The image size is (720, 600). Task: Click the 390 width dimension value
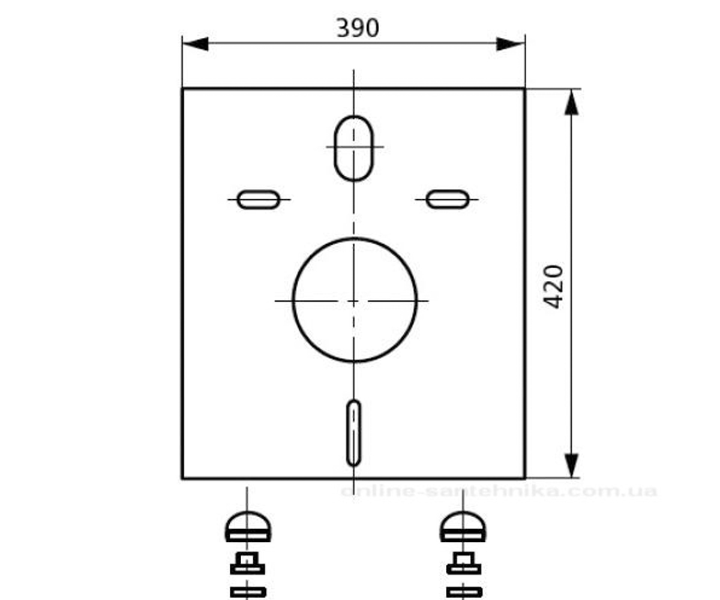[358, 28]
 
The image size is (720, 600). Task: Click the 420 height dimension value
[553, 287]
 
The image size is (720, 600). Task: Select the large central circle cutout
[292, 300]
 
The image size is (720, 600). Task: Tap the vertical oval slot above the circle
[334, 148]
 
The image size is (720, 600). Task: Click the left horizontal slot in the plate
[259, 191]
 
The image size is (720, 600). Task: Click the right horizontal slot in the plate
[448, 191]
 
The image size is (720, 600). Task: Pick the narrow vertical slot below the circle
[347, 433]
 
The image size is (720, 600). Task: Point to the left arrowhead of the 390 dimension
[195, 44]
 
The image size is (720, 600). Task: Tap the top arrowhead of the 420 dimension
[571, 102]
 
